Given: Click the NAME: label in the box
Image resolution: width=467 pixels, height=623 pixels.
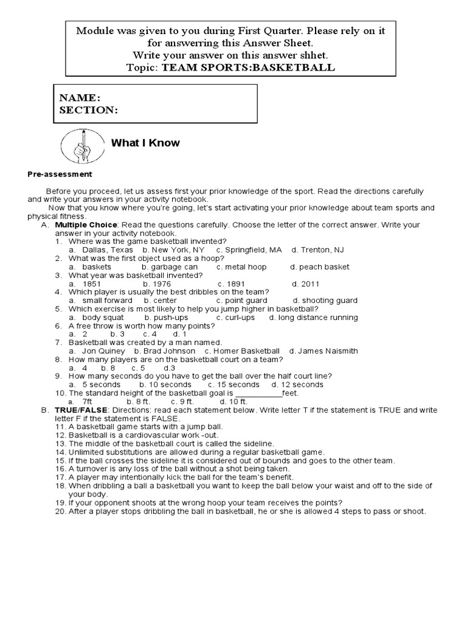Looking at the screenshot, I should (80, 98).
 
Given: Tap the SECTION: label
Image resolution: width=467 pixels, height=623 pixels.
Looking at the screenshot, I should (88, 110).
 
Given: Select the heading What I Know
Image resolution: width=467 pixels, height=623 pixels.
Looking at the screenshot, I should (145, 143).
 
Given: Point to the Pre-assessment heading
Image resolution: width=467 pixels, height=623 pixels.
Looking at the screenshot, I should (59, 174).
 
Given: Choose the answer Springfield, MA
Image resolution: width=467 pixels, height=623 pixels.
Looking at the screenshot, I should (252, 250).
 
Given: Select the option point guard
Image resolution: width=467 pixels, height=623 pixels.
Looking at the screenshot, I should (246, 301).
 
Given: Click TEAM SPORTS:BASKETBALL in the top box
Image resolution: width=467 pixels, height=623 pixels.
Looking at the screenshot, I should (248, 68).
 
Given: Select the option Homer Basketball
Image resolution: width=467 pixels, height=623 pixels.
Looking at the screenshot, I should (246, 351).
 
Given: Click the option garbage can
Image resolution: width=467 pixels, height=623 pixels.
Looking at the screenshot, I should (173, 267).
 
